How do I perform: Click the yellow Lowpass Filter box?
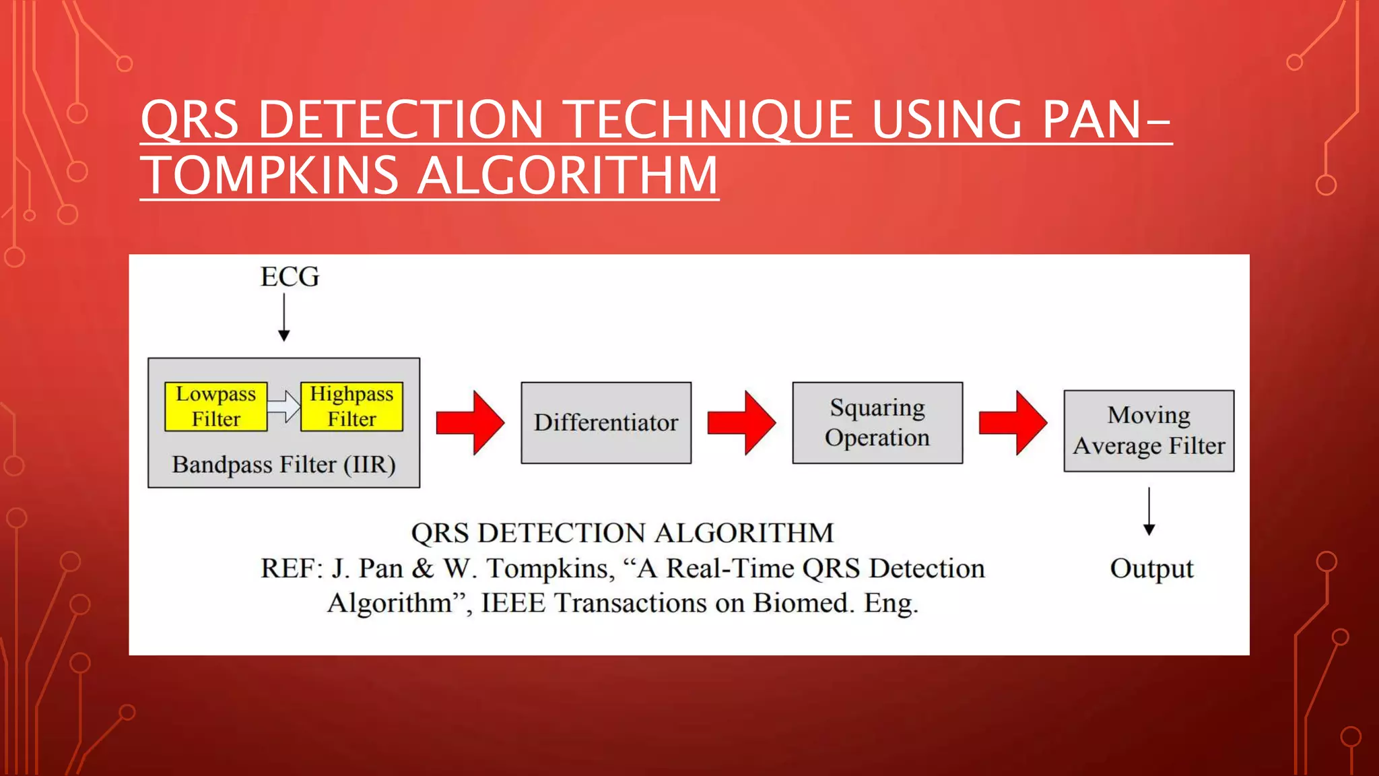pos(215,406)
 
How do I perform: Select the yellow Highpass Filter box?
pos(351,406)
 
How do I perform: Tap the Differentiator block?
pos(606,422)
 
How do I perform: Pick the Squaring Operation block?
pos(877,422)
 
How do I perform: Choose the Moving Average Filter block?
pos(1149,430)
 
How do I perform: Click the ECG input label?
pos(290,277)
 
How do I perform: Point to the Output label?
pos(1151,569)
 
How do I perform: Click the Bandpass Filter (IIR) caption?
pos(283,465)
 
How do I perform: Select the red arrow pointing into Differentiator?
pos(470,422)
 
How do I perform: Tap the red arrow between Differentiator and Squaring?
pos(741,422)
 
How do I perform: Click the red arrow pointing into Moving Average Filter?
pos(1013,422)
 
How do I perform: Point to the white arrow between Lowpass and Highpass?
pos(284,406)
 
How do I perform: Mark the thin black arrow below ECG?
pos(284,317)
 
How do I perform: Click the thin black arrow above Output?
pos(1149,511)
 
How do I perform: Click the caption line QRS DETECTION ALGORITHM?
pos(622,533)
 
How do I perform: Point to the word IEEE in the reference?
pos(513,603)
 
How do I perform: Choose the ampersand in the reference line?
pos(422,569)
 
